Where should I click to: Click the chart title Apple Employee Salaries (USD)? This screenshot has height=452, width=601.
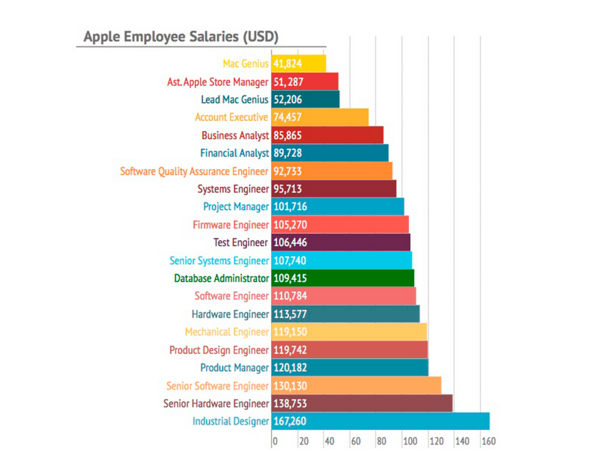181,37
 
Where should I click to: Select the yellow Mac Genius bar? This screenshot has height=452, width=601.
299,64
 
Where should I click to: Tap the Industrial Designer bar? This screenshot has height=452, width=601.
380,421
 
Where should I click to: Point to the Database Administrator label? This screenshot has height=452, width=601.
221,278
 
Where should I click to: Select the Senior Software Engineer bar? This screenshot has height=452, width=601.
356,386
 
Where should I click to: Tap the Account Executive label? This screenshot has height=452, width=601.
231,117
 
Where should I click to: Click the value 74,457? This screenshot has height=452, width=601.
287,117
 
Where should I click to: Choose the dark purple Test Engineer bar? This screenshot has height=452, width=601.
341,243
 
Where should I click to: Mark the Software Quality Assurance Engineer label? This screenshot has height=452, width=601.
194,171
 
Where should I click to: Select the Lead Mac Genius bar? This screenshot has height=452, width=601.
305,100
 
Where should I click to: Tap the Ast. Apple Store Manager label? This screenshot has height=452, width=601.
218,82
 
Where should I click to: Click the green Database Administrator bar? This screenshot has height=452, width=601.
343,278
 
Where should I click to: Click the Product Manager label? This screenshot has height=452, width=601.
234,368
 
